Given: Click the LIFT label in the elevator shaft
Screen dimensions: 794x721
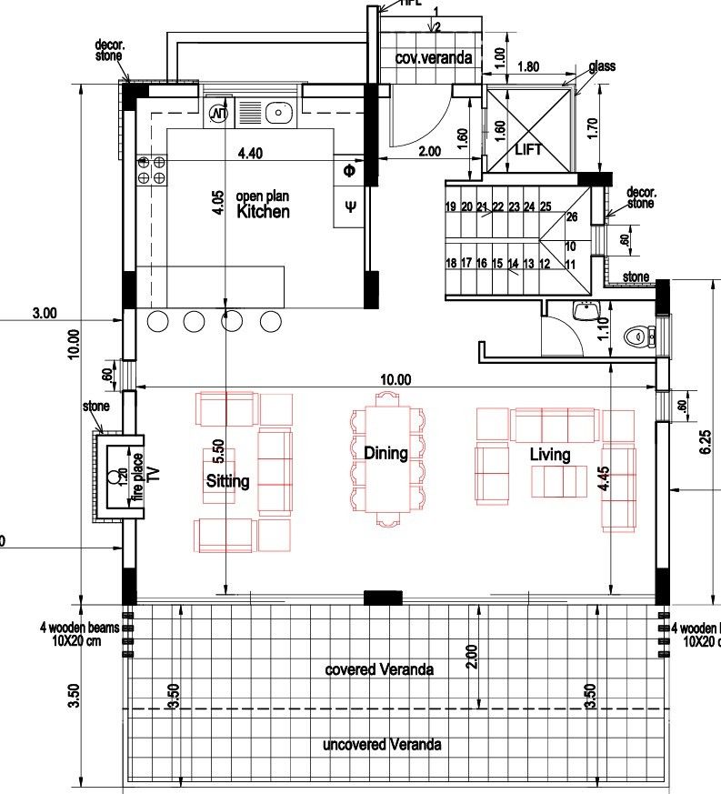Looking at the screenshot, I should (527, 149).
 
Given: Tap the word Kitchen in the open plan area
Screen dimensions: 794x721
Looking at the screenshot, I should (263, 212).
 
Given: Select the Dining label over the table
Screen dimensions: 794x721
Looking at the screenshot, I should (386, 452).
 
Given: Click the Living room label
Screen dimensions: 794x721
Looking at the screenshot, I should (550, 454).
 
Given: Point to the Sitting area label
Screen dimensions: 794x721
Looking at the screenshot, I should (227, 481).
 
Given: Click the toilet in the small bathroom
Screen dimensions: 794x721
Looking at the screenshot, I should (638, 337).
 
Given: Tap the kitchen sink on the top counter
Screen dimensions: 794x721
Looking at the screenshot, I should (277, 113).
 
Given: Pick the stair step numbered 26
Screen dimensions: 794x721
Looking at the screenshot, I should (571, 217).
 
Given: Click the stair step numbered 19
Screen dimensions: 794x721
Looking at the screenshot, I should (450, 207).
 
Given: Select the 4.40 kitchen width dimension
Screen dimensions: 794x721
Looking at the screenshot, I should (250, 154).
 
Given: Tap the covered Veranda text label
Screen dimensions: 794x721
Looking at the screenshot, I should (379, 669).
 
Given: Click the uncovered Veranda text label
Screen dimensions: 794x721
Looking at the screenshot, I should (382, 744).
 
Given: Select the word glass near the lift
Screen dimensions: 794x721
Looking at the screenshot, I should (603, 67).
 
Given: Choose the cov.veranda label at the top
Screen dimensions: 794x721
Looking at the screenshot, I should (434, 58).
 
